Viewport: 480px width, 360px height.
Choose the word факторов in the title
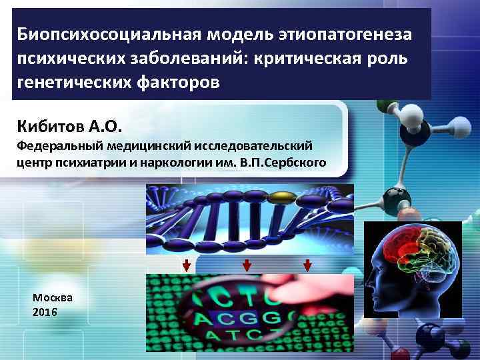click(x=179, y=83)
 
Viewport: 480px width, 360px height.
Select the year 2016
click(x=44, y=311)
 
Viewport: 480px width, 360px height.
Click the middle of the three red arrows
click(x=247, y=265)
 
